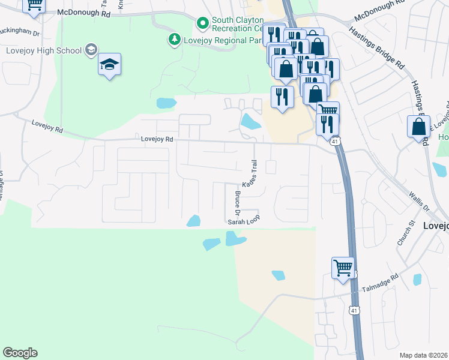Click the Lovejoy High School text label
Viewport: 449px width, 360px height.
[43, 50]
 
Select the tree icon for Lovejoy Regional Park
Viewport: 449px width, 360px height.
[174, 40]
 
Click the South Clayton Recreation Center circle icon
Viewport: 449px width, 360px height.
[203, 23]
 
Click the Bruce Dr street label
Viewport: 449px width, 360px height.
[238, 204]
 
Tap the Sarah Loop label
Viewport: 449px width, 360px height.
[243, 221]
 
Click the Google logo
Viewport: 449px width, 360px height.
[20, 353]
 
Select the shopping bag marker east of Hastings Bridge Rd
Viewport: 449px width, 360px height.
[418, 127]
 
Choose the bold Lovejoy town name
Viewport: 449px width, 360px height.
[436, 226]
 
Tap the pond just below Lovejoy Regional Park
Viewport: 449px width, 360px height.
[166, 103]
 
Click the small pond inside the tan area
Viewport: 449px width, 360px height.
[278, 275]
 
